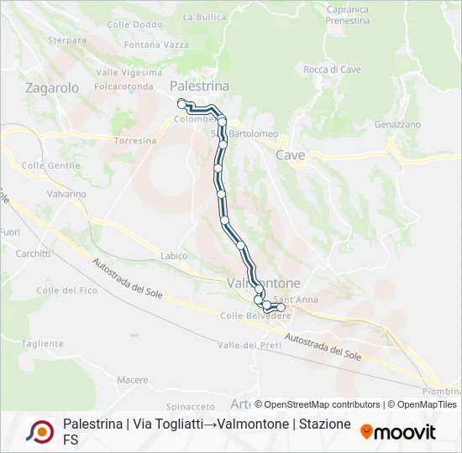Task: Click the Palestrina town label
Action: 199,86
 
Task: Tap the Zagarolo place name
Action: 52,87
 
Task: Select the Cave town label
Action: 291,155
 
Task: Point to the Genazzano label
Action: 397,124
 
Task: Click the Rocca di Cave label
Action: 332,70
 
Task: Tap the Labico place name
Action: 173,256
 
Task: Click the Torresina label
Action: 135,141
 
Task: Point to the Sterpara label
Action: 67,39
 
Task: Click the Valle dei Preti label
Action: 249,346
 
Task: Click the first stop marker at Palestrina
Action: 181,103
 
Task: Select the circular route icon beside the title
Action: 39,431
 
